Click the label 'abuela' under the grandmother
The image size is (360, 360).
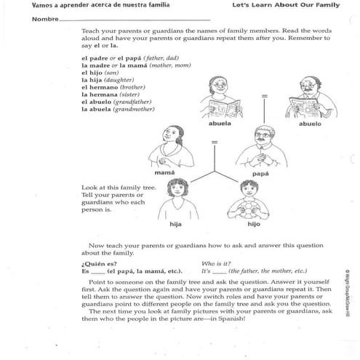pos(220,124)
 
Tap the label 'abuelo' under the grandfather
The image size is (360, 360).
pos(311,124)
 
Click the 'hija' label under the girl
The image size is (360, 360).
pos(175,225)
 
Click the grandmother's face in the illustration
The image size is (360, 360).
pos(219,90)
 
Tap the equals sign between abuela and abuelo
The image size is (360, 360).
pos(265,95)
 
